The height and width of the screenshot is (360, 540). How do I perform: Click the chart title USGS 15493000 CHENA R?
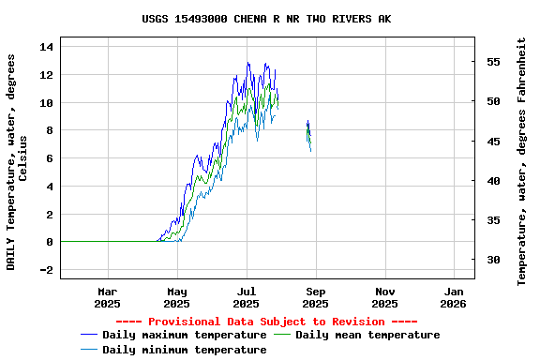(267, 19)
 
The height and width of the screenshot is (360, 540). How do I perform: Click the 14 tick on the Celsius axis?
(47, 47)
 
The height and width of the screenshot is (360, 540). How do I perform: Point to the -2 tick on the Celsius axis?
(47, 270)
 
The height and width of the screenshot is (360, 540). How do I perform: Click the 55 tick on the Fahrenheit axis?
(492, 62)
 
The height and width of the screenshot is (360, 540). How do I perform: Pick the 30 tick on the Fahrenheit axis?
(492, 260)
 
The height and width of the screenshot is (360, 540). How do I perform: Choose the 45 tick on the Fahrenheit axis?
(492, 142)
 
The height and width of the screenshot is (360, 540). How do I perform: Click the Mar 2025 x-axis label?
(108, 297)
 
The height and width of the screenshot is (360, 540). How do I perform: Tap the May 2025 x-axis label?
(177, 297)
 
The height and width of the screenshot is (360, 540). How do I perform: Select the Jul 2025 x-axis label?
(246, 297)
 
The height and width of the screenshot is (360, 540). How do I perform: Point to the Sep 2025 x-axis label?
(315, 297)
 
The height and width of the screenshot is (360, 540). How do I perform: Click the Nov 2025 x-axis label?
(384, 297)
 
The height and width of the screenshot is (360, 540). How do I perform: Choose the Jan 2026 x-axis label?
(453, 297)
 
